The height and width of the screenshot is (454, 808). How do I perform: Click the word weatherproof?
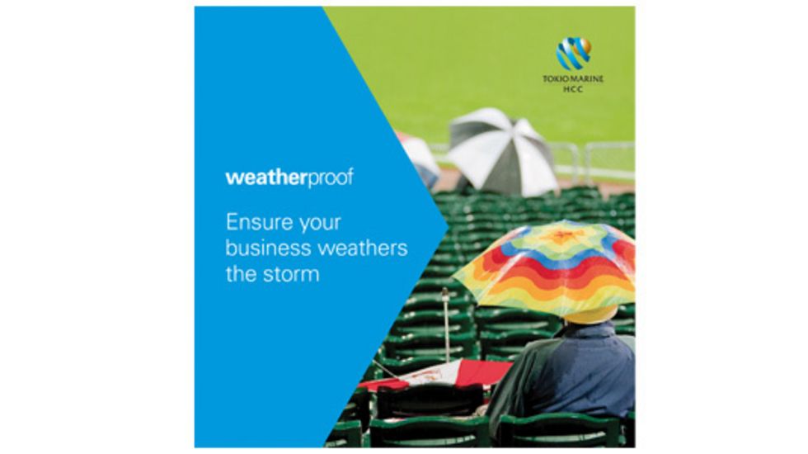click(x=289, y=178)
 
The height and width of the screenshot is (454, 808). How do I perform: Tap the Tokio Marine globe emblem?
click(x=574, y=53)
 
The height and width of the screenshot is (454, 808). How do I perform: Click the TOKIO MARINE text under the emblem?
click(x=573, y=79)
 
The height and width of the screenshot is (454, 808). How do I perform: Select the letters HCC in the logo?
click(x=573, y=89)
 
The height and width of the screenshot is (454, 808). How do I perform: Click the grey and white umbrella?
click(x=500, y=150)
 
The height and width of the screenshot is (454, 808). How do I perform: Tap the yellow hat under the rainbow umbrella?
click(x=590, y=314)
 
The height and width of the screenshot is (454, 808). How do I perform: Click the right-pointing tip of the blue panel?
click(x=448, y=225)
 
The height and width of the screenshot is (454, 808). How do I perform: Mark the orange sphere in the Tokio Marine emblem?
click(x=585, y=46)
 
